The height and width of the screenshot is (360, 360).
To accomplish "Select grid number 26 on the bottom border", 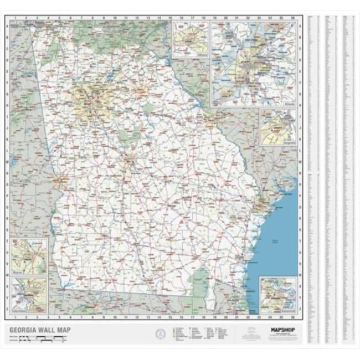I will pos(291,320).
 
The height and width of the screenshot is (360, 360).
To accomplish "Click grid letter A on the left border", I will pos(7,26).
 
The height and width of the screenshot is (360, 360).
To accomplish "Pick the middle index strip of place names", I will pos(331,177).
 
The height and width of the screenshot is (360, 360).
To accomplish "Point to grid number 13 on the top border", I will pos(148,18).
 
